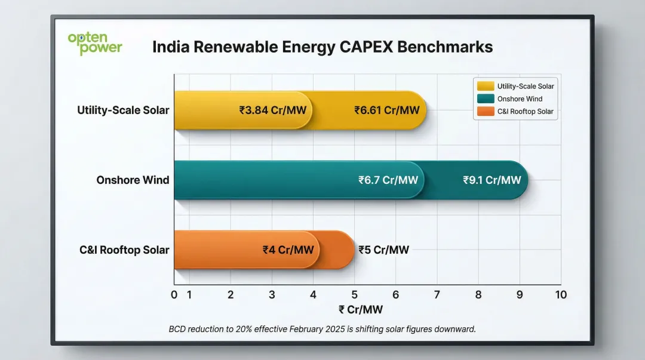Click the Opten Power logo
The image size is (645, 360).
point(95,44)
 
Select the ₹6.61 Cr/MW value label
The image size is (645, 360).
point(386,110)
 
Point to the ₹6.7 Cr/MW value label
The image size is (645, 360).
point(388,180)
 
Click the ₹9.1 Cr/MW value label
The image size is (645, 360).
point(492,180)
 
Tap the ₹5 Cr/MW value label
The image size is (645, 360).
point(383,250)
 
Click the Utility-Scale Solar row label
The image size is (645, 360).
point(123,110)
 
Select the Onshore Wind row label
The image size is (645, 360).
point(133,180)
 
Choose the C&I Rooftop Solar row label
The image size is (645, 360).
point(124,250)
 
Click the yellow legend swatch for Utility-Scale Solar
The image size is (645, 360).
point(485,86)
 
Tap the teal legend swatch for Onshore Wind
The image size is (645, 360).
point(485,99)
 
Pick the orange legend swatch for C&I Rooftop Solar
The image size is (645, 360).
point(485,111)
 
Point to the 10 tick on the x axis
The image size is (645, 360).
point(560,295)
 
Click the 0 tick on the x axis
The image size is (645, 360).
point(174,295)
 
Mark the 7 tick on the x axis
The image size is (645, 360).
point(437,295)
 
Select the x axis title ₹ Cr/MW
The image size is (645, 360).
point(360,309)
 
